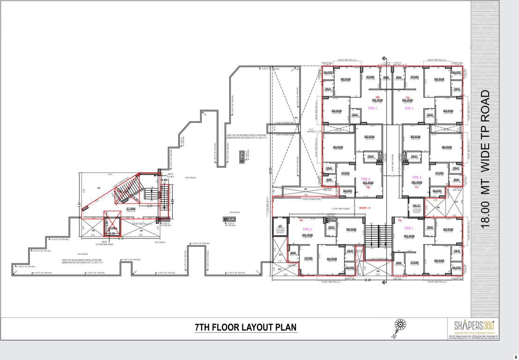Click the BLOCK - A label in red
[x=365, y=208]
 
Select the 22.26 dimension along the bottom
[x=367, y=280]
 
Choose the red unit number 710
[x=407, y=97]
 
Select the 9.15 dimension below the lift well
[x=121, y=239]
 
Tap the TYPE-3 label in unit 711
[x=417, y=177]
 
